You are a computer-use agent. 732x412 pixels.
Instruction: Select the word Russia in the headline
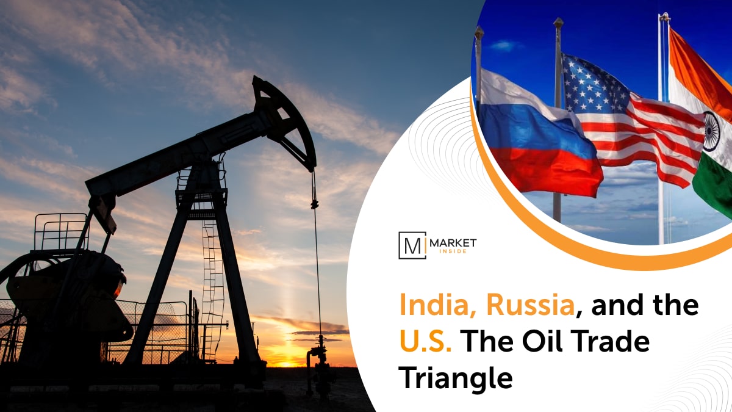pyautogui.click(x=530, y=305)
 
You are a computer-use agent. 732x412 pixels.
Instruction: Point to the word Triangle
pyautogui.click(x=456, y=378)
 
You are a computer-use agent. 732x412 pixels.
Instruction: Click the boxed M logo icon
pyautogui.click(x=412, y=245)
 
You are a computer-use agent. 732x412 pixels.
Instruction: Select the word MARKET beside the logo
pyautogui.click(x=453, y=243)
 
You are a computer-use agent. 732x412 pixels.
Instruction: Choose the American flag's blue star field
pyautogui.click(x=595, y=85)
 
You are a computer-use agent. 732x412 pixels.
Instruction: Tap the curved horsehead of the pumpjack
pyautogui.click(x=284, y=121)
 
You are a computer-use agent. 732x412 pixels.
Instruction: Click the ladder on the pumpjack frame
pyautogui.click(x=212, y=287)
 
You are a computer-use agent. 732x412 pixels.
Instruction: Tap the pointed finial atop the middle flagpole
pyautogui.click(x=558, y=22)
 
